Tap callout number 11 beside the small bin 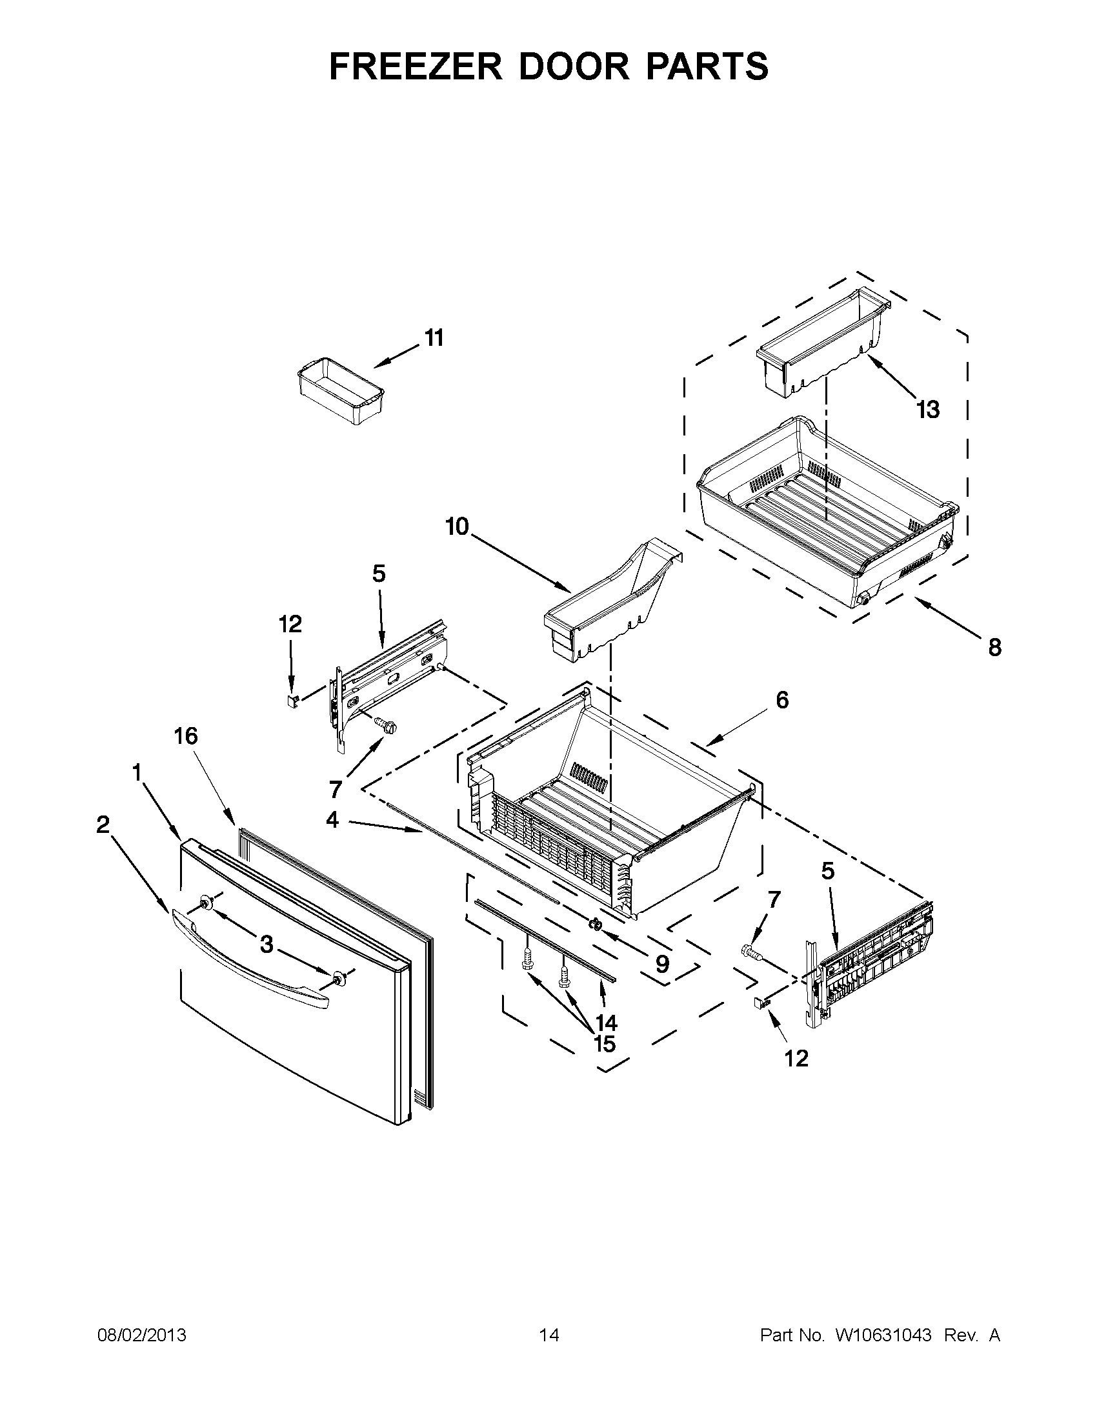(434, 338)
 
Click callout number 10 (457, 526)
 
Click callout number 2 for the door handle (103, 825)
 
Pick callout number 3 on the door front (267, 945)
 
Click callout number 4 (332, 820)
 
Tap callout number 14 (606, 1023)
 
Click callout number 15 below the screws (605, 1045)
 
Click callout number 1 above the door (137, 772)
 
